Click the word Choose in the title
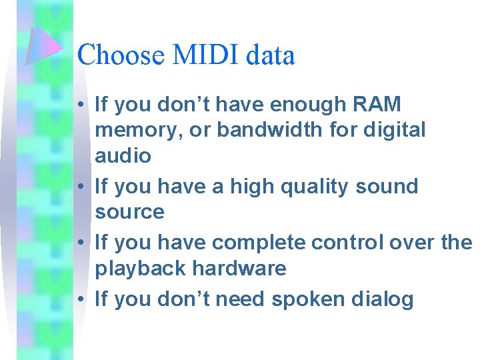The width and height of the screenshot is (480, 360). [x=121, y=55]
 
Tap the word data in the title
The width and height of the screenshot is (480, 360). [x=270, y=55]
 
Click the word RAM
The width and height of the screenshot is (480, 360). [x=377, y=105]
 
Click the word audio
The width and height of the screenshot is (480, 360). [x=123, y=156]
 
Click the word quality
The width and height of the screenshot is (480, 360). [x=309, y=186]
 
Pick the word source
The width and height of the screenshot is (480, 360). [x=129, y=212]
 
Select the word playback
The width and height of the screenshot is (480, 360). [x=140, y=269]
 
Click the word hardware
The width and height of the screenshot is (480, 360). [x=239, y=269]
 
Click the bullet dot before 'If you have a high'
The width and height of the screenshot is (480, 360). [x=79, y=187]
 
